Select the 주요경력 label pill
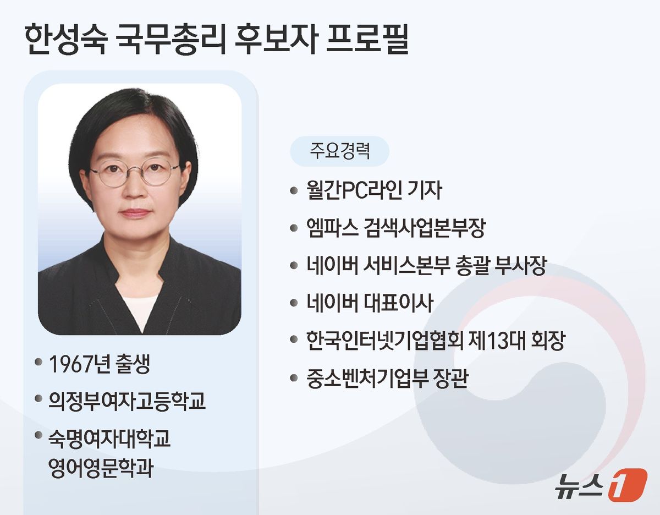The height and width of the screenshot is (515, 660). click(x=339, y=151)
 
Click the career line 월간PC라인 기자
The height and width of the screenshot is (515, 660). click(x=374, y=190)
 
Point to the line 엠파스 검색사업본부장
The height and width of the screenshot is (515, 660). click(x=396, y=228)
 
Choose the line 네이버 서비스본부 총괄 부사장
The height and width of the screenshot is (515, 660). click(x=426, y=266)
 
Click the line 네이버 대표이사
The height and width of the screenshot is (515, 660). click(x=370, y=303)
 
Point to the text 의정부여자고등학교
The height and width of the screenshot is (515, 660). click(x=127, y=401)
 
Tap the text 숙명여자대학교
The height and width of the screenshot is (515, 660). click(x=109, y=439)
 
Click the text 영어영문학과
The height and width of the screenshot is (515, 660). click(x=101, y=468)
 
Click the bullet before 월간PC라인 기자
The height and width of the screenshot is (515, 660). click(x=294, y=190)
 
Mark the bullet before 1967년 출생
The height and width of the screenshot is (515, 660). click(x=38, y=362)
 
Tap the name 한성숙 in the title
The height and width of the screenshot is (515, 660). click(x=66, y=39)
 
